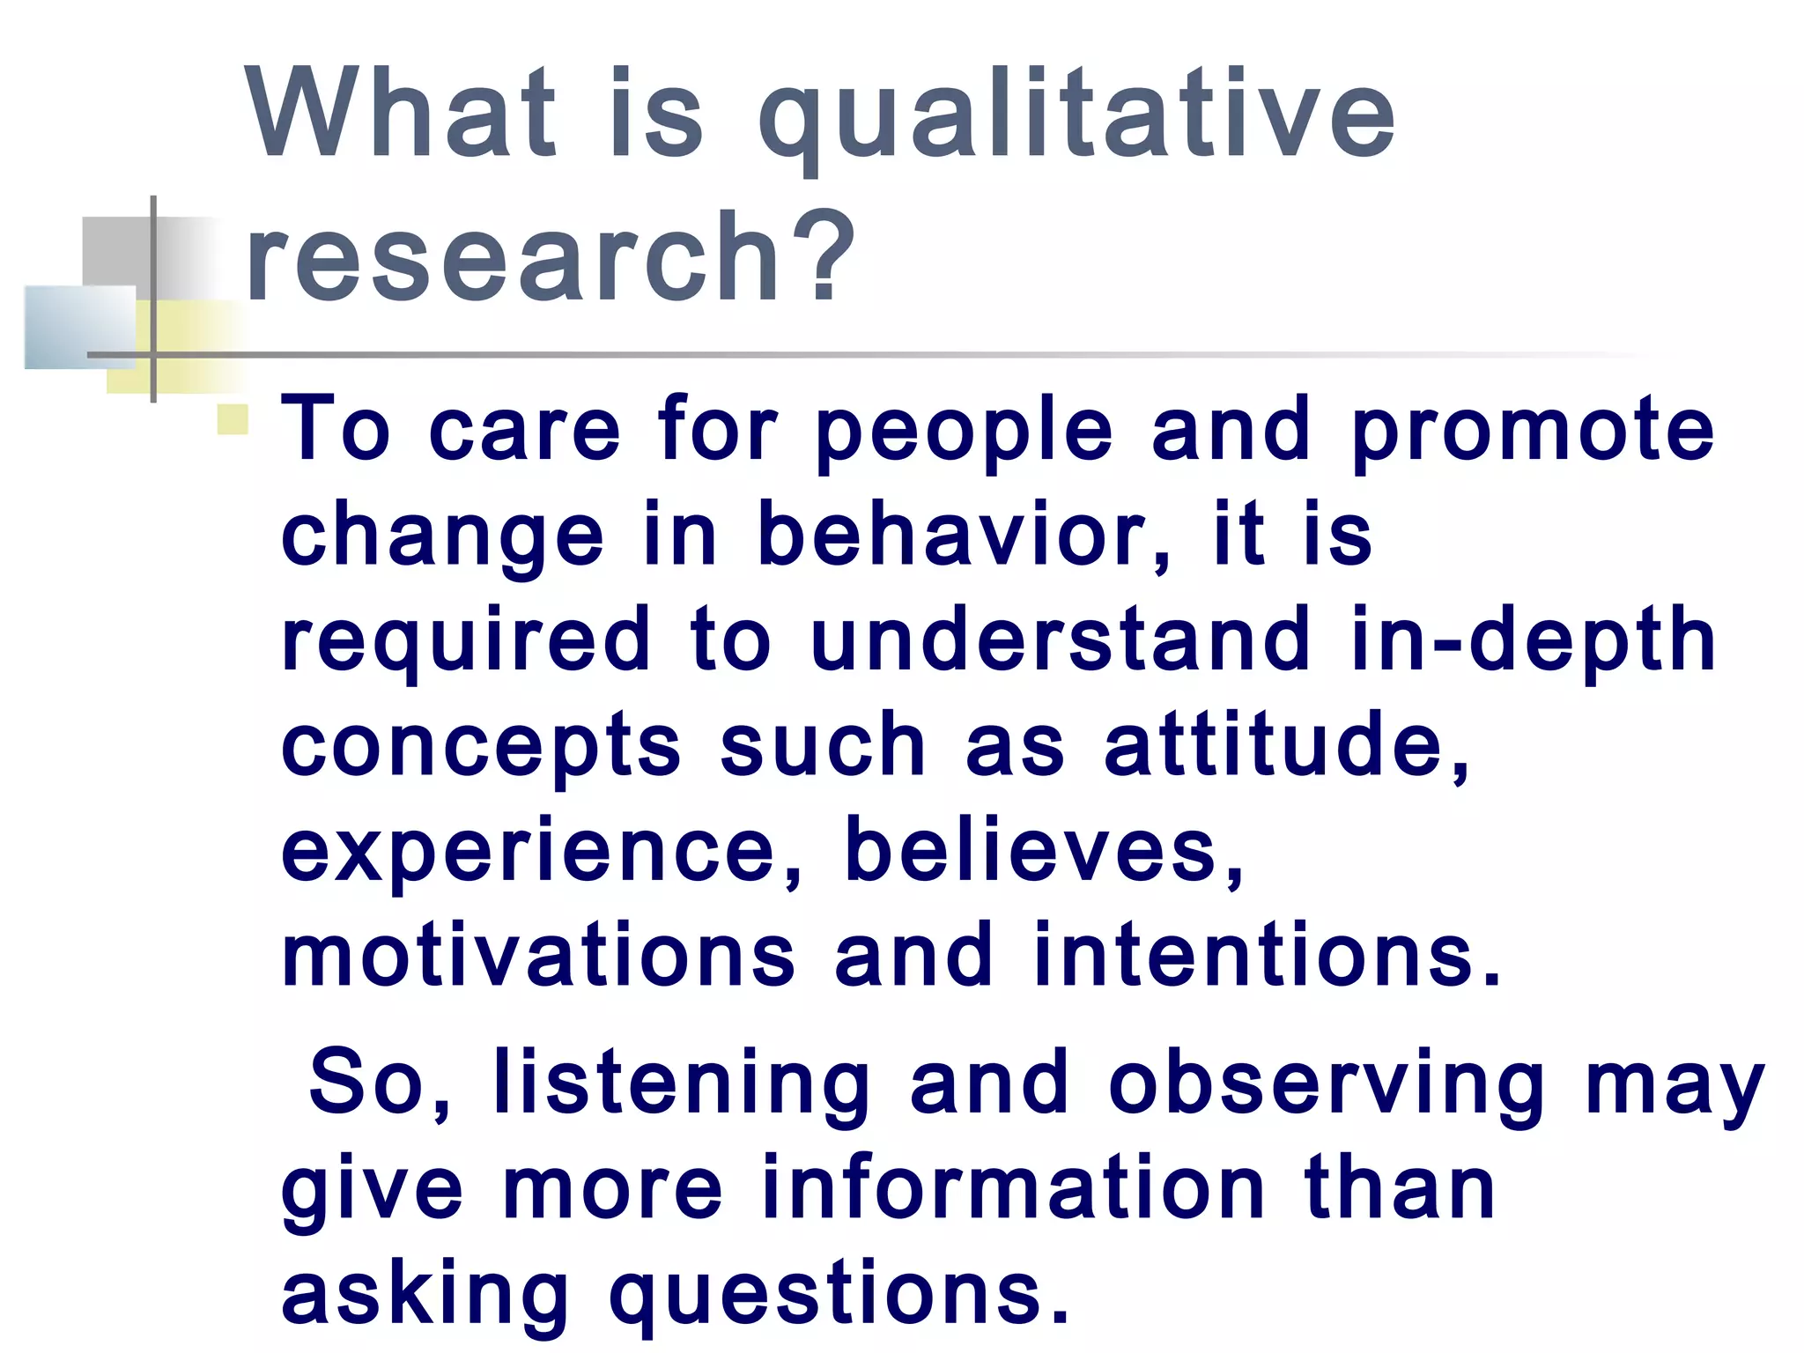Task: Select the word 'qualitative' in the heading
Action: [x=1076, y=119]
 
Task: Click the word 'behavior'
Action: [x=956, y=534]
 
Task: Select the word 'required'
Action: [x=466, y=641]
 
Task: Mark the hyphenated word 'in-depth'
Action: [x=1533, y=641]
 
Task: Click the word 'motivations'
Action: [x=538, y=955]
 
